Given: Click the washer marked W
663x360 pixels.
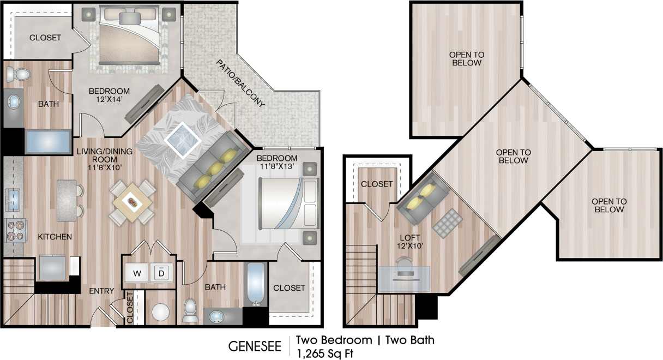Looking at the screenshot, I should coord(137,273).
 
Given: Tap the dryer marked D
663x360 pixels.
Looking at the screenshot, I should coord(162,273).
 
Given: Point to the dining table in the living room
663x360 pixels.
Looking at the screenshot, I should coord(132,202).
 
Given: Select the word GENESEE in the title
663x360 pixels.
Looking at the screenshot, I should coord(255,346).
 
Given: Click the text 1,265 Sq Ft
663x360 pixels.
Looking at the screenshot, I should coord(324,353).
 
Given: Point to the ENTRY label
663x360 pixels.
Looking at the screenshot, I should coord(101,291).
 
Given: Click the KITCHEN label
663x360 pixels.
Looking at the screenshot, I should coord(55,237).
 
